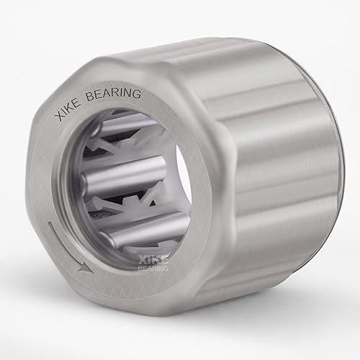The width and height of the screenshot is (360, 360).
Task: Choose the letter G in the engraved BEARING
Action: click(x=139, y=94)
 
